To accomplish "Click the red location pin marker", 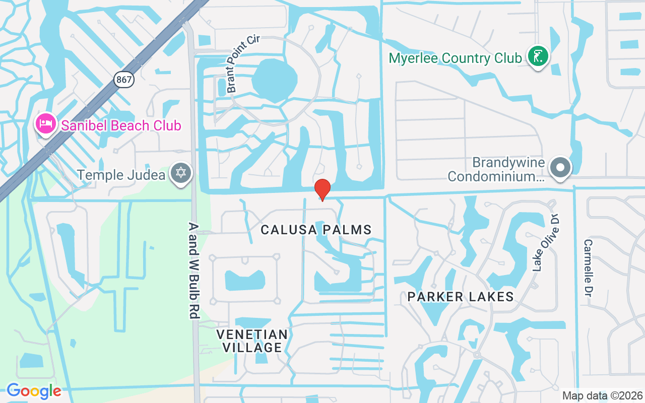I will pos(322,189).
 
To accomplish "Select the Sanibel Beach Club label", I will pos(121,125).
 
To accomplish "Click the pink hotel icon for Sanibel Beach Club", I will pos(46,123).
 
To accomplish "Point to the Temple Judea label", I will pos(121,175).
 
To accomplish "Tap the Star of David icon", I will pos(180,173).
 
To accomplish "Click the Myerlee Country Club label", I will pos(455,58).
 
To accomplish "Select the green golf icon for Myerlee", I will pos(538,56).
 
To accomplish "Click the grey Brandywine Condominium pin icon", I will pos(559,168).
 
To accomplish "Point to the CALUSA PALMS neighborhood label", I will pos(316,230).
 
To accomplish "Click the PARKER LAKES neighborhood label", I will pos(461,297).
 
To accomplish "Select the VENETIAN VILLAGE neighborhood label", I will pos(252,341).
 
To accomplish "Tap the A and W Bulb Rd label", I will pos(194,270).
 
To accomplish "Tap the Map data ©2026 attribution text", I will pos(602,396).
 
